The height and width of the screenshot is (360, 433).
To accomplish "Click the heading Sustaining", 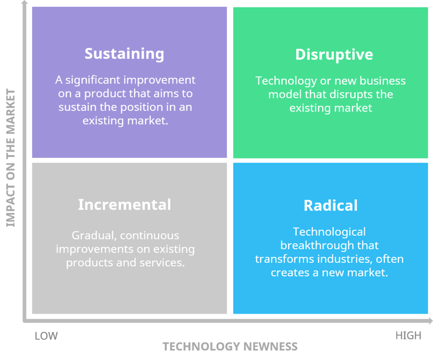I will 124,54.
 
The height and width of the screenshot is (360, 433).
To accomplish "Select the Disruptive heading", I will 334,54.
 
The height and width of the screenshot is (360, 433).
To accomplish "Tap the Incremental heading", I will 124,204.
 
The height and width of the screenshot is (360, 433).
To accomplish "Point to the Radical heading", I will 330,205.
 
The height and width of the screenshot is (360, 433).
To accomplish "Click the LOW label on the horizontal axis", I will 46,335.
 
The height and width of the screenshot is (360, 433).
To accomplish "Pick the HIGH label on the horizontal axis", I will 408,335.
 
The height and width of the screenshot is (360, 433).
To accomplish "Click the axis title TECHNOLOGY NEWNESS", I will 230,347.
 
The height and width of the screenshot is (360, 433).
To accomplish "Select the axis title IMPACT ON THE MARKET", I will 11,158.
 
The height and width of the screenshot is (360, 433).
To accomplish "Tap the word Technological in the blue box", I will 329,232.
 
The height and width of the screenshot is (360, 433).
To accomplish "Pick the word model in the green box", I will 284,94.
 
